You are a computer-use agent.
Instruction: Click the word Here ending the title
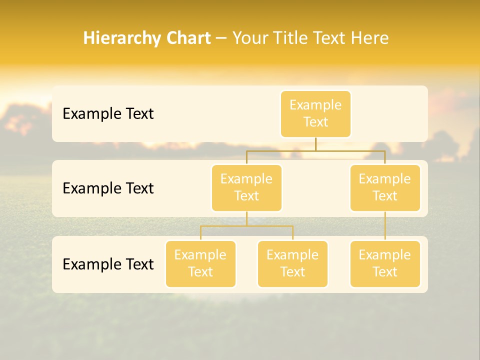coord(369,38)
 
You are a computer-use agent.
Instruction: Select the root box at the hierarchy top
coord(315,114)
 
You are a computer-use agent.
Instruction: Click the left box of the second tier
coord(246,188)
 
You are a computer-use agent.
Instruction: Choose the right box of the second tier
coord(385,188)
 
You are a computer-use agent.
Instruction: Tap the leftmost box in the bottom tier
coord(200,264)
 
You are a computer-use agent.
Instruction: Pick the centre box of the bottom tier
coord(292,264)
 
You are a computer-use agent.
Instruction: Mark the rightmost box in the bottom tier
coord(385,264)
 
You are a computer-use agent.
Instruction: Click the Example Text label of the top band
coord(108,114)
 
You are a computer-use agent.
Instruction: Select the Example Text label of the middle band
coord(108,188)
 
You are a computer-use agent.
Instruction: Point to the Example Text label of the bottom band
coord(108,264)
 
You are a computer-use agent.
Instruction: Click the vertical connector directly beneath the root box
coord(315,144)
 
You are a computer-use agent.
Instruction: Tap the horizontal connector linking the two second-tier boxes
coord(280,150)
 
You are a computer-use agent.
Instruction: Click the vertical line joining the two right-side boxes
coord(385,226)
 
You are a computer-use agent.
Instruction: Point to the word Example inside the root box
coord(315,105)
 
